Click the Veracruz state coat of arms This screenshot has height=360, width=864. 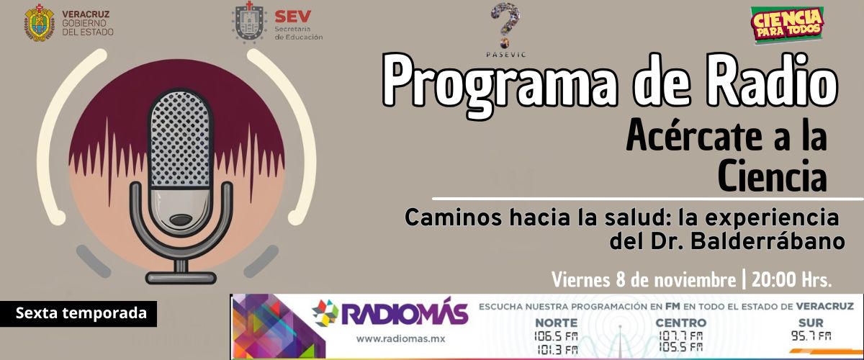(x=40, y=22)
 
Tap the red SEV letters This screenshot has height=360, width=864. (x=293, y=17)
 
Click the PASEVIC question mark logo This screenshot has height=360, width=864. (x=505, y=25)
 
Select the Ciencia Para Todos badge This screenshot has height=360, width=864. (x=787, y=24)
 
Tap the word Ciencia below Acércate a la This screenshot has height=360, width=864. (x=772, y=176)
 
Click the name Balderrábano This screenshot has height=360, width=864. (x=768, y=241)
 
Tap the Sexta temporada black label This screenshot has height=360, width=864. (x=78, y=313)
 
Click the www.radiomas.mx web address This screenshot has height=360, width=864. (x=400, y=339)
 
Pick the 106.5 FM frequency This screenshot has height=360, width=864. (x=556, y=336)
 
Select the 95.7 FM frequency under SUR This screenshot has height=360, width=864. (x=811, y=336)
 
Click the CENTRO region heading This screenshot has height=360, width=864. (x=681, y=323)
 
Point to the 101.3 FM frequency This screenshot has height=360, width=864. (x=558, y=350)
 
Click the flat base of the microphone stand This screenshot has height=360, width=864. (x=181, y=278)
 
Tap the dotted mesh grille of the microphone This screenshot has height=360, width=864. (x=180, y=138)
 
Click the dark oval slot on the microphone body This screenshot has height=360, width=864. (x=180, y=220)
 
